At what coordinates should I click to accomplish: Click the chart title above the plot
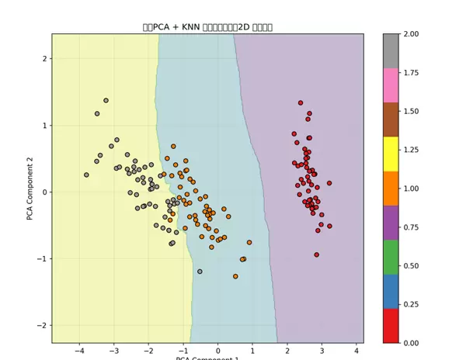pyautogui.click(x=207, y=27)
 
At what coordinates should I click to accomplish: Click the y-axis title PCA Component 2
pyautogui.click(x=30, y=188)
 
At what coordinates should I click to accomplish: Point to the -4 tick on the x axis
pyautogui.click(x=79, y=351)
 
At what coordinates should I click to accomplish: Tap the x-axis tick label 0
pyautogui.click(x=217, y=351)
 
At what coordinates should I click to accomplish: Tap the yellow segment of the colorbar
pyautogui.click(x=391, y=154)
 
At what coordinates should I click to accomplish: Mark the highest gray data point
pyautogui.click(x=106, y=100)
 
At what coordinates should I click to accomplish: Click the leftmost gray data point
pyautogui.click(x=86, y=175)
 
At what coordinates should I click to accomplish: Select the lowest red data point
pyautogui.click(x=316, y=254)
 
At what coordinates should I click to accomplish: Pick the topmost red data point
pyautogui.click(x=301, y=102)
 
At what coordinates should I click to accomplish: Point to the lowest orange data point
pyautogui.click(x=235, y=276)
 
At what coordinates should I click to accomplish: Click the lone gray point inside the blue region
pyautogui.click(x=200, y=272)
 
